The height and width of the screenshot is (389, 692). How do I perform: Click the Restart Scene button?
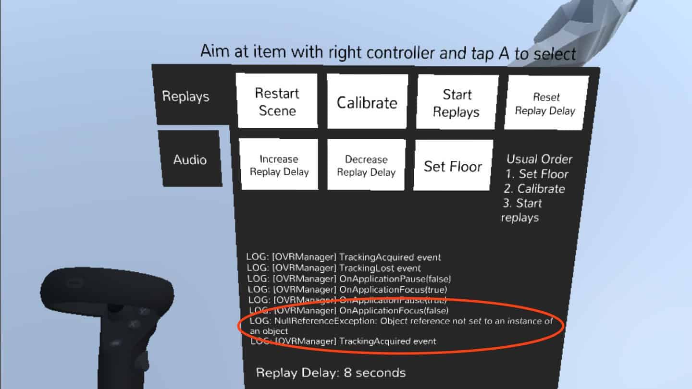(277, 101)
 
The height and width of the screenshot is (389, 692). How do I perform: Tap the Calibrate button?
(367, 102)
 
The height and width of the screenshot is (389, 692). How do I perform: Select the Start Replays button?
(456, 103)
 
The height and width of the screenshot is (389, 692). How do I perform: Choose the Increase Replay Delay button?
(279, 165)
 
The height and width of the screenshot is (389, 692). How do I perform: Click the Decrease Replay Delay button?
(366, 166)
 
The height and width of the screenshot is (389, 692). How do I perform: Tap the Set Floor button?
(452, 166)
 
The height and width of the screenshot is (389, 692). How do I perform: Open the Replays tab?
(185, 96)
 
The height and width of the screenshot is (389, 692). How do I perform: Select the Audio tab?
(190, 159)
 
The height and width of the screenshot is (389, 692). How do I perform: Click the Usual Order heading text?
(540, 159)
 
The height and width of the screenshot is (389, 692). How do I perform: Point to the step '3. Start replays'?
(521, 210)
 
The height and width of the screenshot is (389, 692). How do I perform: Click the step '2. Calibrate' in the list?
(534, 189)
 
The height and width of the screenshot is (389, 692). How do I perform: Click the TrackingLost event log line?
(334, 268)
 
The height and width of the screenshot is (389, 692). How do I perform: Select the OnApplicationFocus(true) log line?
(347, 290)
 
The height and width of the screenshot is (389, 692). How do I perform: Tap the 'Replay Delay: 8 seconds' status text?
(331, 372)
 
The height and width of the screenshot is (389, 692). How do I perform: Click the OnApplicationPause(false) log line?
(349, 279)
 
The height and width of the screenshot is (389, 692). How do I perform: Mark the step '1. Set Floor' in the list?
(537, 174)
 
